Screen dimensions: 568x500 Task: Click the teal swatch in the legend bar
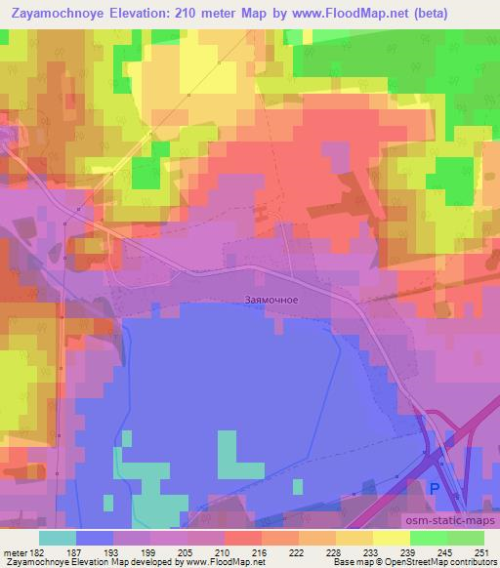(57, 538)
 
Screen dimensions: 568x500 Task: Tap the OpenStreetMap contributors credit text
(445, 562)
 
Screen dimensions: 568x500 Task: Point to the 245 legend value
(444, 552)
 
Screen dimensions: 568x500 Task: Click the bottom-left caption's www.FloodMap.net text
(214, 562)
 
